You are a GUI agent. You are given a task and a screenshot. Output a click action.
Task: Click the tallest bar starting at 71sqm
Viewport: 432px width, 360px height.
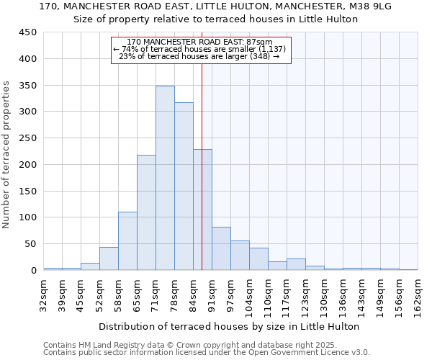[x=165, y=178]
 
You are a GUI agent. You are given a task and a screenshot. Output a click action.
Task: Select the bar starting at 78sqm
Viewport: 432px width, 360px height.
[x=184, y=186]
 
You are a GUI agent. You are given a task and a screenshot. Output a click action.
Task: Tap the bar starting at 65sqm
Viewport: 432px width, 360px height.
[x=146, y=212]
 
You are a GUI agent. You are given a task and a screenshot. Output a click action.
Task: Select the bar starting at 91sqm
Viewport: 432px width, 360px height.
[x=221, y=248]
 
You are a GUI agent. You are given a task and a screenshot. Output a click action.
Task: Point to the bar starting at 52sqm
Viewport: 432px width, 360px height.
[x=109, y=258]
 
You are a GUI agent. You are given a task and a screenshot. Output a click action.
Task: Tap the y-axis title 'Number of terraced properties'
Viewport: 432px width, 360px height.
[x=6, y=155]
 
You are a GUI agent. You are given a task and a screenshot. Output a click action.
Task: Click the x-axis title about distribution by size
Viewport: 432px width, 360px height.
[x=229, y=326]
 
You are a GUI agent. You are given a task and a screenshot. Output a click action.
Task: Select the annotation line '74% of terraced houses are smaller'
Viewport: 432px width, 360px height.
[x=200, y=49]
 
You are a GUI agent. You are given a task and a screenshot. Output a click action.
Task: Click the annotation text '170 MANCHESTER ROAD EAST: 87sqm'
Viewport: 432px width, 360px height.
[x=200, y=42]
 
